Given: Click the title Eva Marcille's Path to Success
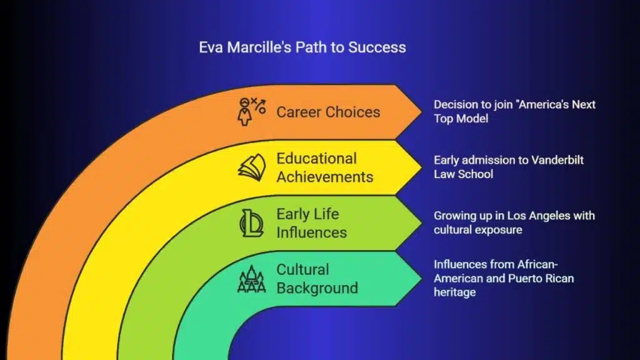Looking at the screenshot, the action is point(302,47).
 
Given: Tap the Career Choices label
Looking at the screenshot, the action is point(328,112).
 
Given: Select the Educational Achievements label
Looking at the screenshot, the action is point(325,167).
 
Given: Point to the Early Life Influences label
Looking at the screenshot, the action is point(311,223).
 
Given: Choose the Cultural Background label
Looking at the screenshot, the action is point(317,279).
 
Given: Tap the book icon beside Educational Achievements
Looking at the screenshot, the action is point(252,167).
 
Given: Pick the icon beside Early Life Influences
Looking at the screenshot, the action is point(251,223).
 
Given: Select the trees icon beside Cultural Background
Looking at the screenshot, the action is point(251,279).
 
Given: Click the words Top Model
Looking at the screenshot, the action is point(461,119).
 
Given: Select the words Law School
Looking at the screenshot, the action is point(463,174).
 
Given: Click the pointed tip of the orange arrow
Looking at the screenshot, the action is point(422,111).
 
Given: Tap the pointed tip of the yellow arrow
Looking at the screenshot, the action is point(422,167).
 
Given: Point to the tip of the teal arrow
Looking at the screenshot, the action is point(422,279).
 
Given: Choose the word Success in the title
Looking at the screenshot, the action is point(377,47).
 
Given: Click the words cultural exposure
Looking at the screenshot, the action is point(477,230).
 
